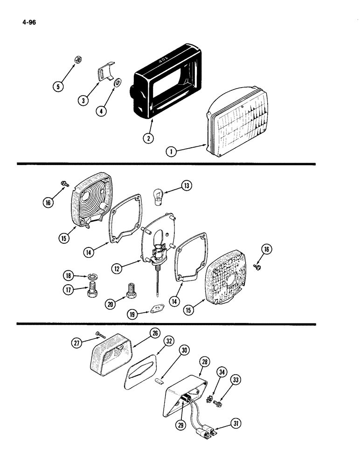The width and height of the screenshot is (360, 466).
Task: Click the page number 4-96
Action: pos(29,21)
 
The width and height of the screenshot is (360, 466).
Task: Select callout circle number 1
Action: pos(171,151)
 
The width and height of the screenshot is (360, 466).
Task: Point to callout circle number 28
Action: pos(204,362)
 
